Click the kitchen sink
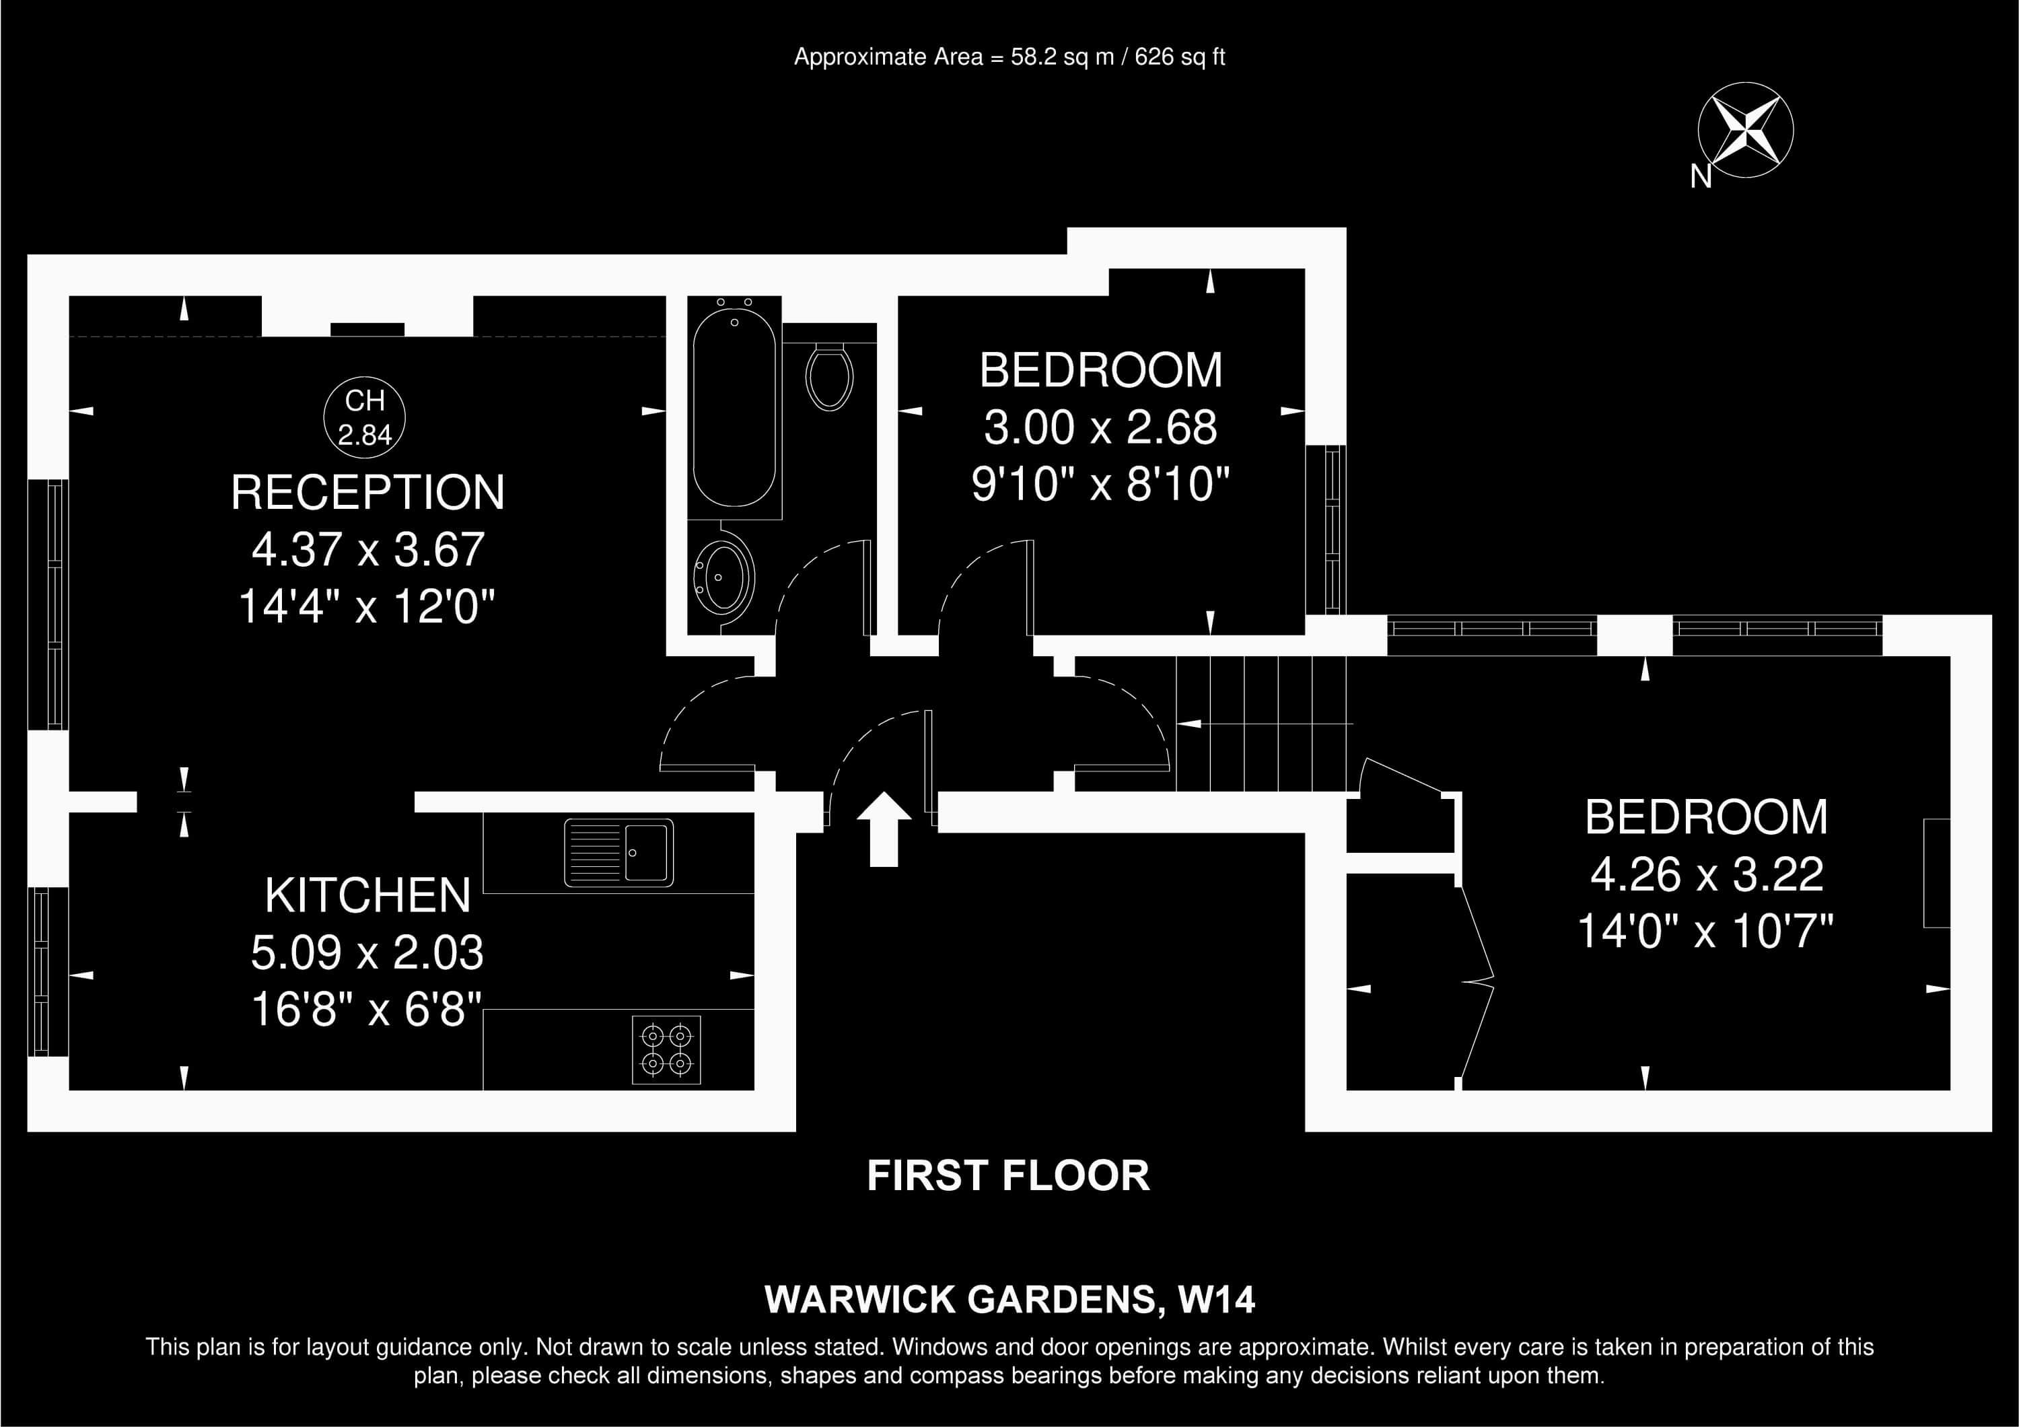(619, 852)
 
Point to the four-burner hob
(666, 1050)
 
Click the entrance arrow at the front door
(884, 828)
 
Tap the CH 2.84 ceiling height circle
(364, 417)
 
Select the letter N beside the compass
(1701, 177)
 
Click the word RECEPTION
(367, 492)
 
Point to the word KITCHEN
(367, 895)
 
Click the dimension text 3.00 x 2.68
(1100, 427)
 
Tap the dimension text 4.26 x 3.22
(1707, 874)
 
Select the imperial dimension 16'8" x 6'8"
(367, 1008)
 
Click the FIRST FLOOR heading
(1009, 1175)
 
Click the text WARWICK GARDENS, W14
(1010, 1300)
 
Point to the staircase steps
(1262, 724)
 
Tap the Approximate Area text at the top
(1010, 57)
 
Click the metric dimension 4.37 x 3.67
(367, 549)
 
